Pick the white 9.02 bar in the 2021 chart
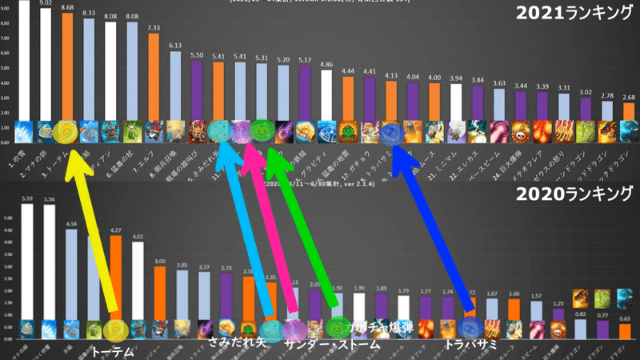pos(46,64)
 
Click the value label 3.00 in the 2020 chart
pos(160,262)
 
